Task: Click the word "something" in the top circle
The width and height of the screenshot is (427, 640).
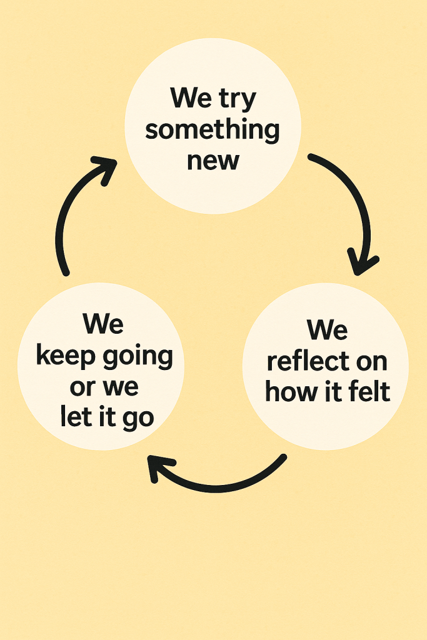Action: pyautogui.click(x=213, y=130)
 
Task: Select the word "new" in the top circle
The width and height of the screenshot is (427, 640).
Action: pyautogui.click(x=213, y=160)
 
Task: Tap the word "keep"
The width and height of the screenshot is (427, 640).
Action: pyautogui.click(x=64, y=356)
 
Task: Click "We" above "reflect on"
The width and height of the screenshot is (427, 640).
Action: pyautogui.click(x=327, y=329)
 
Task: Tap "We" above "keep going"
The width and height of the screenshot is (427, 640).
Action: pyautogui.click(x=103, y=323)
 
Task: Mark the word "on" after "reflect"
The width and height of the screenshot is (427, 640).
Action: pyautogui.click(x=371, y=361)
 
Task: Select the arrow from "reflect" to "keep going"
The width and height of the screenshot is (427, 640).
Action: pyautogui.click(x=219, y=484)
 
